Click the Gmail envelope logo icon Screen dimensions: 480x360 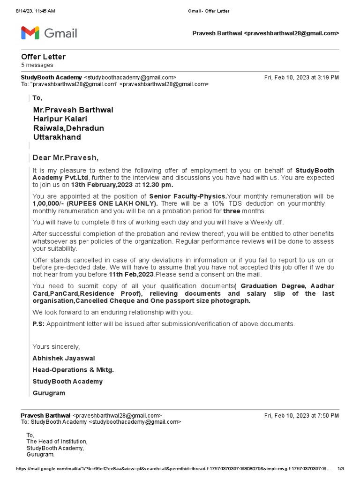30,33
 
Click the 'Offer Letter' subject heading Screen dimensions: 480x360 43,57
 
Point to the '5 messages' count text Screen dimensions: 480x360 37,65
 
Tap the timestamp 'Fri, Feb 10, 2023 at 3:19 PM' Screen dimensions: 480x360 301,77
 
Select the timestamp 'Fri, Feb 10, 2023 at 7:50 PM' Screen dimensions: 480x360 301,415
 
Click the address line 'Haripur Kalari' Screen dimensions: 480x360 60,119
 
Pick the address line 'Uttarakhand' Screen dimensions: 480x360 57,137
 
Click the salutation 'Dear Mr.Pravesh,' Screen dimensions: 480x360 66,157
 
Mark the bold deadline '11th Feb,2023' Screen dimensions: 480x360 131,274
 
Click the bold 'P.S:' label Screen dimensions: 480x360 38,324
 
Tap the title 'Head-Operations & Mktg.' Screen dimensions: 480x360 73,370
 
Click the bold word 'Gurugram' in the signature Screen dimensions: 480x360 49,393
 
